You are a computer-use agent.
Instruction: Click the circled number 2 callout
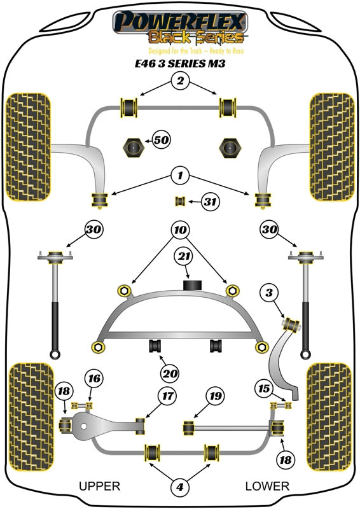(180, 81)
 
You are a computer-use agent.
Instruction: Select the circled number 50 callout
(160, 139)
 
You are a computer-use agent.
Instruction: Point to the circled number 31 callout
(209, 202)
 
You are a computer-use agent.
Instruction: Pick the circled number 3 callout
(270, 293)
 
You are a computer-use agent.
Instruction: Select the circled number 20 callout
(170, 373)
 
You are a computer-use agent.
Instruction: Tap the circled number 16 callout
(93, 379)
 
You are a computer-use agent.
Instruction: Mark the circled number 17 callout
(167, 397)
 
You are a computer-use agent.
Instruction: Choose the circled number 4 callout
(180, 487)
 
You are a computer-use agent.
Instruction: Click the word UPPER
(99, 486)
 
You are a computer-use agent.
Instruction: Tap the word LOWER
(267, 486)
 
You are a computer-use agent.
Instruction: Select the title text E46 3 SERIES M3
(180, 64)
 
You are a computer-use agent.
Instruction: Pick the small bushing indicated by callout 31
(180, 202)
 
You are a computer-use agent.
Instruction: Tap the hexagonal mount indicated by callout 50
(134, 148)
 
